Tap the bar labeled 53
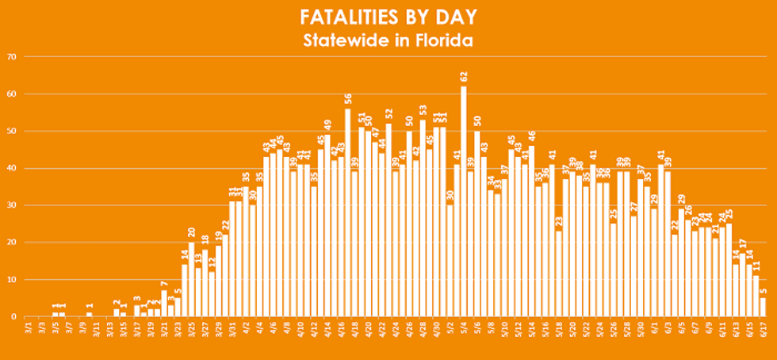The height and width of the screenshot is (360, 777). pyautogui.click(x=423, y=218)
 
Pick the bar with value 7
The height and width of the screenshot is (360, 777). pyautogui.click(x=164, y=304)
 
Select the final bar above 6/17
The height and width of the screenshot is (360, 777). pyautogui.click(x=763, y=308)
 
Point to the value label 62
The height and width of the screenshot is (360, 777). pyautogui.click(x=463, y=78)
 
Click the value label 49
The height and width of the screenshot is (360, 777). pyautogui.click(x=327, y=127)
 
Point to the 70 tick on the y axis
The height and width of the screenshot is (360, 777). pyautogui.click(x=12, y=57)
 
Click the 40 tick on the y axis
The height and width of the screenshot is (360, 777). pyautogui.click(x=12, y=168)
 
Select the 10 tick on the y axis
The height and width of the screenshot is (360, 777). pyautogui.click(x=12, y=280)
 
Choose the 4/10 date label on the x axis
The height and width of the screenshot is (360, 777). pyautogui.click(x=300, y=331)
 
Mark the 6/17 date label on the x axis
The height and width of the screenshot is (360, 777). pyautogui.click(x=762, y=331)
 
